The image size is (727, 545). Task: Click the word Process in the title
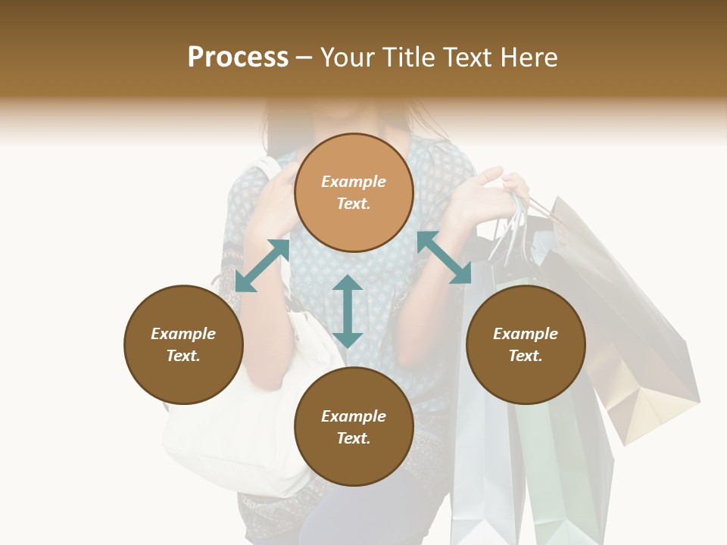[x=238, y=58]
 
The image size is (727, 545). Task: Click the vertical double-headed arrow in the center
[x=348, y=311]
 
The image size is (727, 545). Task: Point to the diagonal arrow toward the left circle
[x=262, y=266]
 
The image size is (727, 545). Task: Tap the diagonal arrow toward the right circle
[x=445, y=257]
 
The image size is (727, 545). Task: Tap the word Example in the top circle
[x=354, y=182]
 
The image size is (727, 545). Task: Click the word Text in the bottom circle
[x=354, y=438]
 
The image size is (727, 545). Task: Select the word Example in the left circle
[x=183, y=334]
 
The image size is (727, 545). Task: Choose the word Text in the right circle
[x=526, y=356]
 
